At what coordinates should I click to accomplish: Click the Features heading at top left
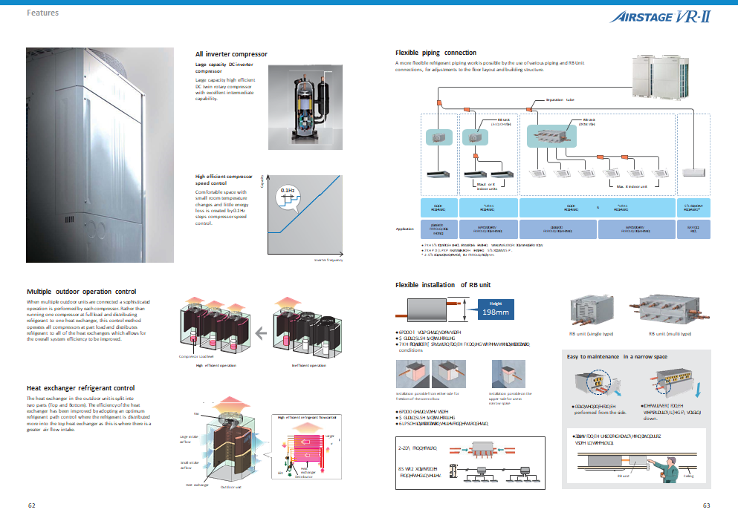pyautogui.click(x=42, y=13)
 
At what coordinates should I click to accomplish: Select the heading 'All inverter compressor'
pyautogui.click(x=231, y=54)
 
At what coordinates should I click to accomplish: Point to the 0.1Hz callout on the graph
pyautogui.click(x=288, y=191)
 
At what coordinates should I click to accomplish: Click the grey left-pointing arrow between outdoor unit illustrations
pyautogui.click(x=260, y=333)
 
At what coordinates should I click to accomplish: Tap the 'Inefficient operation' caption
pyautogui.click(x=308, y=365)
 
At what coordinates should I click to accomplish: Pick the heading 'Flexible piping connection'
pyautogui.click(x=436, y=53)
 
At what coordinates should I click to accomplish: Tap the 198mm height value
pyautogui.click(x=495, y=312)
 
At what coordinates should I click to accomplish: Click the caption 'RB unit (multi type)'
pyautogui.click(x=669, y=334)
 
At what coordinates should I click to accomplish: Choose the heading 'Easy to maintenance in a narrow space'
pyautogui.click(x=618, y=358)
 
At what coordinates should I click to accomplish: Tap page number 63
pyautogui.click(x=706, y=505)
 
